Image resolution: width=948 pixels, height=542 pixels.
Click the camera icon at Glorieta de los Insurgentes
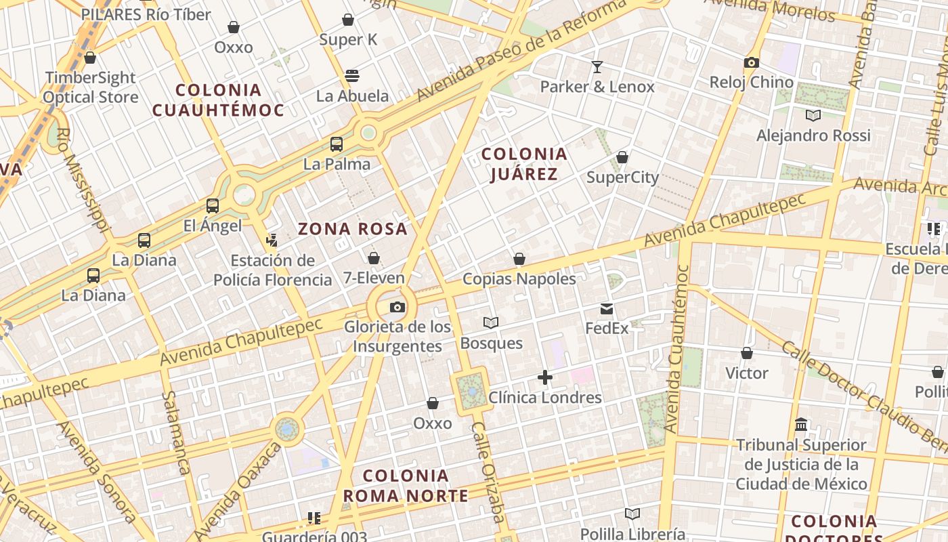click(397, 308)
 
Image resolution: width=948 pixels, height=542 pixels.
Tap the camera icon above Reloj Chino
click(751, 63)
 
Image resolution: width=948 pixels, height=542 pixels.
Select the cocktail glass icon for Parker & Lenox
click(597, 66)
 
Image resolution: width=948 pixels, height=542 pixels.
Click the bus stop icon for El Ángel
click(213, 206)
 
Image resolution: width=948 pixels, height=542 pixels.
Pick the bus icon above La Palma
click(337, 144)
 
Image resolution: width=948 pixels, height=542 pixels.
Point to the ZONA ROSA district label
click(353, 229)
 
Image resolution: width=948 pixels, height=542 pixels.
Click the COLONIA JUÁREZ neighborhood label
click(524, 165)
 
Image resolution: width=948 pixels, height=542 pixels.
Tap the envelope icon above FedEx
click(607, 309)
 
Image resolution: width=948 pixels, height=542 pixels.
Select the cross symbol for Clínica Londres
click(545, 377)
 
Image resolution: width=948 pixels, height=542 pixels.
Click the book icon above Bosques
click(491, 323)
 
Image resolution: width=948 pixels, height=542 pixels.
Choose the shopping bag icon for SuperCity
click(622, 158)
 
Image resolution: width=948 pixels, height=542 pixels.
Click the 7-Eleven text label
click(374, 278)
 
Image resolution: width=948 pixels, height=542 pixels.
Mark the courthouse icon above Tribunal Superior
click(801, 425)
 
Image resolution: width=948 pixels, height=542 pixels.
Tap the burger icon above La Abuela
click(352, 76)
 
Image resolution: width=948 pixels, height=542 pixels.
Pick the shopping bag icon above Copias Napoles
click(519, 259)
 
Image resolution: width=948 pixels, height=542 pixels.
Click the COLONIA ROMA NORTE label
click(406, 486)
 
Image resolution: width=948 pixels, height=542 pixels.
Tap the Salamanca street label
click(175, 433)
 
